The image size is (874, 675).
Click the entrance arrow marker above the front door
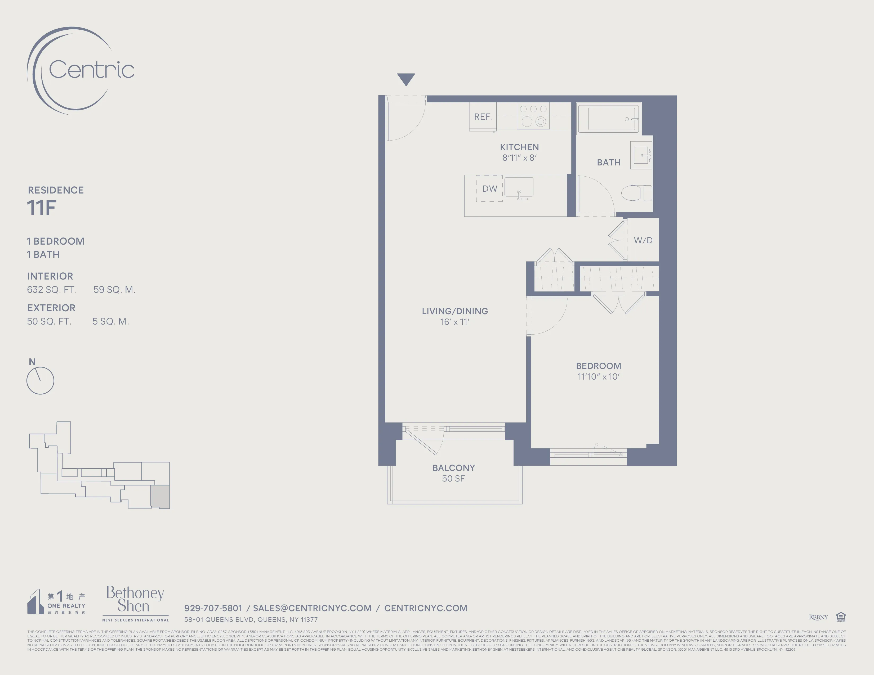point(406,79)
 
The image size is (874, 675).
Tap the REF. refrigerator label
point(483,117)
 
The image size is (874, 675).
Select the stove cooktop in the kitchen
point(533,116)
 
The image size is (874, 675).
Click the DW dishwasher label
point(489,189)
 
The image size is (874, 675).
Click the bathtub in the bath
point(609,119)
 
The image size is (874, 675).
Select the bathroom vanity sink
point(641,155)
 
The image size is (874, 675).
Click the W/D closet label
point(643,240)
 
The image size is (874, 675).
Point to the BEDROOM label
point(598,366)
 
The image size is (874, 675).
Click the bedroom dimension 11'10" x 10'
point(598,377)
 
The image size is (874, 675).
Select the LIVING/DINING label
point(454,311)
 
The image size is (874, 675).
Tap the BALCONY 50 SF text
point(453,473)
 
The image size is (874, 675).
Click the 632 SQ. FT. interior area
point(52,290)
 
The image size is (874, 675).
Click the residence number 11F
point(41,208)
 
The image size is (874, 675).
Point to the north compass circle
point(40,380)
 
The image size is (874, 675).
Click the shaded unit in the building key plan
point(160,496)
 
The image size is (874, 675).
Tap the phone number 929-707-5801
point(213,608)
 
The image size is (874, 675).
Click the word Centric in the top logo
point(91,70)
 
